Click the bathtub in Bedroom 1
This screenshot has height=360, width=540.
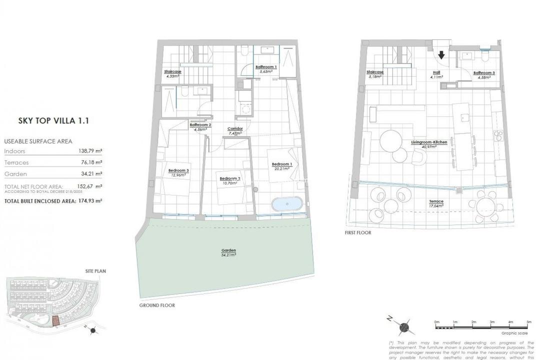pos(287,204)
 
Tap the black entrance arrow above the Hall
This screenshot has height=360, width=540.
pos(442,54)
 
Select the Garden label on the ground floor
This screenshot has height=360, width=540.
pos(228,250)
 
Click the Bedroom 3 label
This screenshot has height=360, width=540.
pos(178,171)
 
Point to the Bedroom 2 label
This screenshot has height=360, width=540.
pos(230,178)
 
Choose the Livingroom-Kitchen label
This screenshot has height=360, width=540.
pos(429,142)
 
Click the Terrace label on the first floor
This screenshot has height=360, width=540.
pos(436,201)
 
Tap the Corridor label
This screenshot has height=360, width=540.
pos(235,129)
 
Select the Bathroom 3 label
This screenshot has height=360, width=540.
pos(484,73)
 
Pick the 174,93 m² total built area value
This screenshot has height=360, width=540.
pos(90,200)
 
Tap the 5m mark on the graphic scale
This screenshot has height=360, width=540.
pos(528,322)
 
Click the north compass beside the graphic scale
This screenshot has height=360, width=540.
pos(403,327)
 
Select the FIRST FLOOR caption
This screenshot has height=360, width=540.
pos(357,232)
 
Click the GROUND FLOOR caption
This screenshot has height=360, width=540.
pos(157,305)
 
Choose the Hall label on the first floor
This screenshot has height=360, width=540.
pos(436,73)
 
